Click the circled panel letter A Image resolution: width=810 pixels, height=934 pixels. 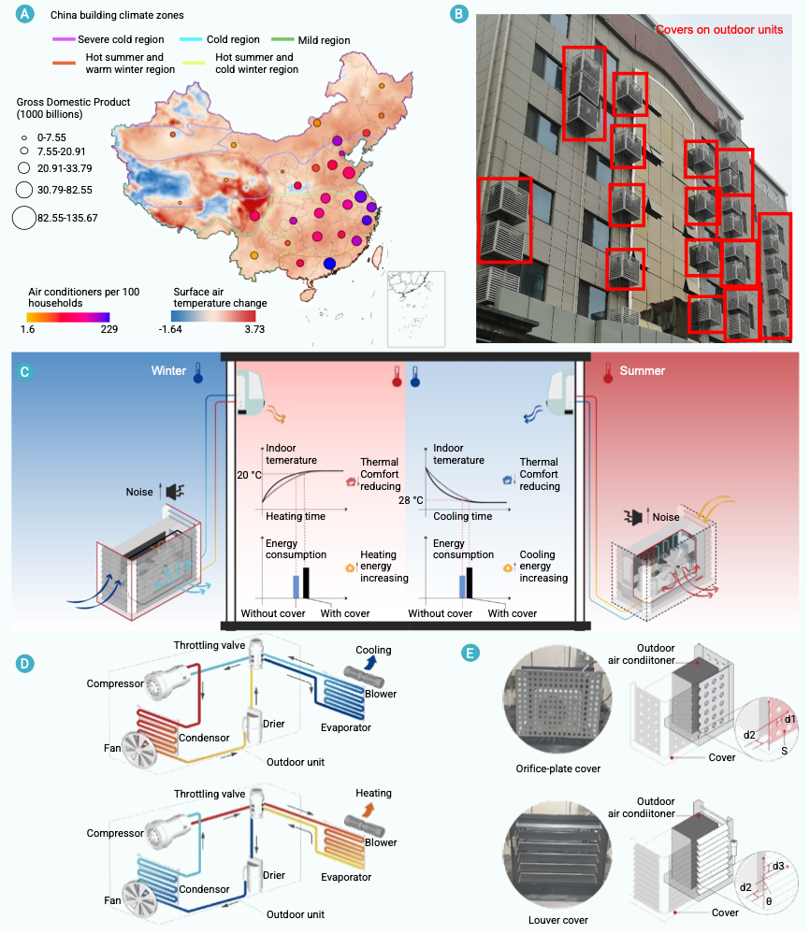(24, 14)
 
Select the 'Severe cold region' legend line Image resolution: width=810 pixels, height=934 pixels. (64, 39)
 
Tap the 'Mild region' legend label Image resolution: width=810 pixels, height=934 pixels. (324, 40)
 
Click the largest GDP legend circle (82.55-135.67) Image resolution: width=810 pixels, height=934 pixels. (23, 218)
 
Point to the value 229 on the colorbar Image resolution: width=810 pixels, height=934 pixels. (109, 329)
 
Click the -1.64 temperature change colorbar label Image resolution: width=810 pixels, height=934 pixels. (170, 329)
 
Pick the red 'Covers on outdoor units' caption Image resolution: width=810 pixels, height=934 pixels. (719, 30)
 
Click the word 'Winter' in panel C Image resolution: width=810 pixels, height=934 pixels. (168, 370)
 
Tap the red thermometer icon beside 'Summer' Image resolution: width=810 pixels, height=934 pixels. (608, 373)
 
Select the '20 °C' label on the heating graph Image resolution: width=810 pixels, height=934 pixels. (249, 475)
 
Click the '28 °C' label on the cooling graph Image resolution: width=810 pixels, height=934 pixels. (411, 500)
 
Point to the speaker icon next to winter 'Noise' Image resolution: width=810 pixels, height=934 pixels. (175, 492)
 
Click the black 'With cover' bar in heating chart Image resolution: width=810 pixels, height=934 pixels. (307, 582)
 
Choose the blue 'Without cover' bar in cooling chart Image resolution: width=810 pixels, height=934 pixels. (462, 587)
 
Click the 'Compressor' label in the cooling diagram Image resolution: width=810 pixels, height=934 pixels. (115, 683)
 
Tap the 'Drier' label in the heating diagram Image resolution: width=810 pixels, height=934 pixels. (273, 875)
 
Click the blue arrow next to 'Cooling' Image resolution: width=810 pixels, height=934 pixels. (370, 662)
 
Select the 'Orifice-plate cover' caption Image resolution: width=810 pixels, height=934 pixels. (557, 769)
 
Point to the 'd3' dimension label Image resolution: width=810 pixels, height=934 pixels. (778, 866)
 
